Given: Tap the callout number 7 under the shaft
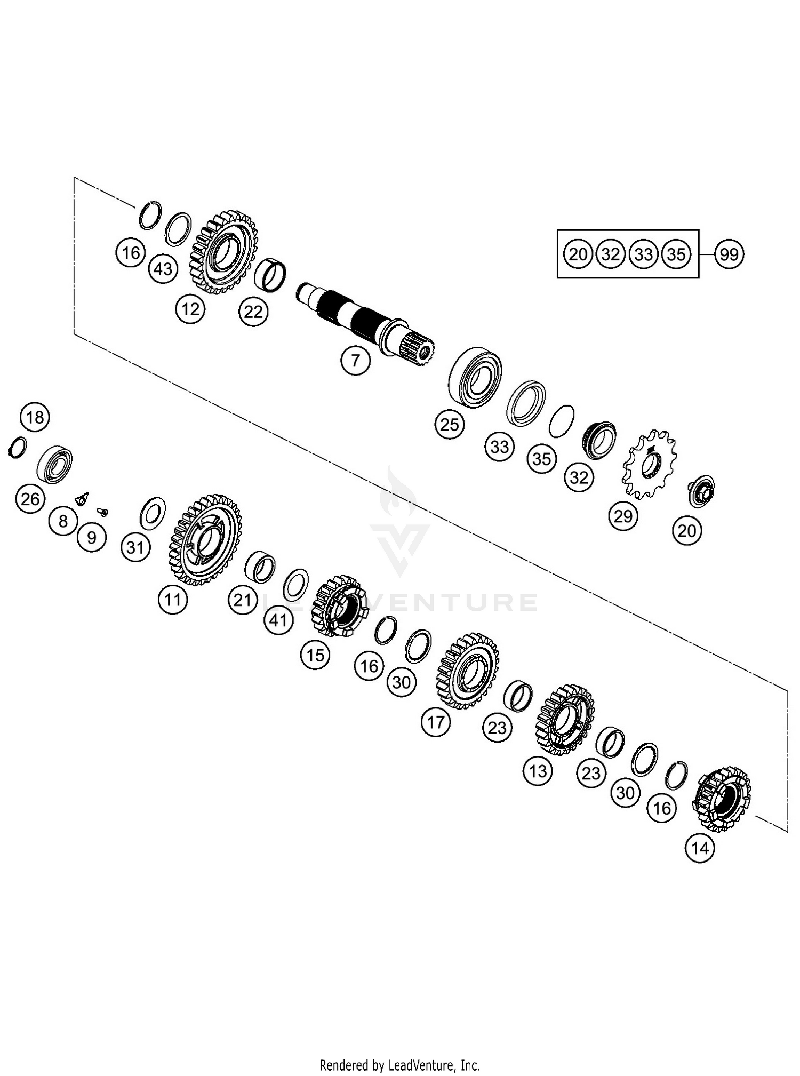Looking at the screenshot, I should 355,361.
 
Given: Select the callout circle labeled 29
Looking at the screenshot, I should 622,516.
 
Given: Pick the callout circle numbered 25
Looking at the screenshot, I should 449,425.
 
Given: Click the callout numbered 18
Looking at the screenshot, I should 35,417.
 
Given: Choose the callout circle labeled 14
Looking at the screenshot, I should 700,848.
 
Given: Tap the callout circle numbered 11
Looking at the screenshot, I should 173,600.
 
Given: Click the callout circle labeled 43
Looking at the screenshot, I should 163,269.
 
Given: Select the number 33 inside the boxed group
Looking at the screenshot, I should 643,254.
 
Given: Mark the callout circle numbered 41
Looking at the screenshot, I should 278,620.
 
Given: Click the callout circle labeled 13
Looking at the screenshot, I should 538,771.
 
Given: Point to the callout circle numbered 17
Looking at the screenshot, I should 436,722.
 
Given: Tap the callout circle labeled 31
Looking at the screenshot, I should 135,547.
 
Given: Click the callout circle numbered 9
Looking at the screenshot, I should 91,537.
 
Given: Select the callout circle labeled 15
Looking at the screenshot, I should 315,655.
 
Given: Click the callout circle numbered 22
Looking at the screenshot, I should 253,312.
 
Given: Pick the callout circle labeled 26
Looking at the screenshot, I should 30,499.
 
